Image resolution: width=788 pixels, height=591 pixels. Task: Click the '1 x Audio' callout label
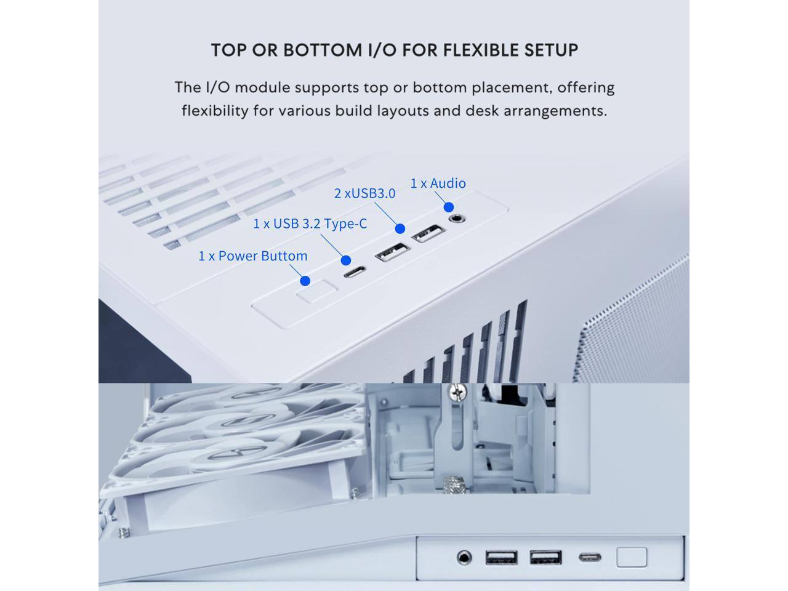pyautogui.click(x=438, y=183)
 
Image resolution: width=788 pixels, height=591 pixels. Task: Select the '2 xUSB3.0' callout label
pyautogui.click(x=364, y=193)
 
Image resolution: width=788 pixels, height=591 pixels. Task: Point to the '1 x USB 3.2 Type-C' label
pyautogui.click(x=310, y=223)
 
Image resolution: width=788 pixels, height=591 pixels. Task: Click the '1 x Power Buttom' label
pyautogui.click(x=252, y=256)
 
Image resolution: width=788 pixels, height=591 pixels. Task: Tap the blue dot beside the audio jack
pyautogui.click(x=449, y=207)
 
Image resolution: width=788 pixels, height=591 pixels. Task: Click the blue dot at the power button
pyautogui.click(x=305, y=281)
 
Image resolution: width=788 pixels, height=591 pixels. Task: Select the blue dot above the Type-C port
pyautogui.click(x=346, y=260)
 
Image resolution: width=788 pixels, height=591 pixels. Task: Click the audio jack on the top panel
pyautogui.click(x=456, y=218)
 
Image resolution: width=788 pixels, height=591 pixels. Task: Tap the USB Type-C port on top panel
pyautogui.click(x=354, y=271)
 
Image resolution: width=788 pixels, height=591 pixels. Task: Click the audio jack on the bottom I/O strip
pyautogui.click(x=465, y=558)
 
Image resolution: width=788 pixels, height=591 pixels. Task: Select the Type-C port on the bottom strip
pyautogui.click(x=590, y=558)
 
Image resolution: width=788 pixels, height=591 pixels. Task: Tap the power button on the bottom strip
pyautogui.click(x=632, y=557)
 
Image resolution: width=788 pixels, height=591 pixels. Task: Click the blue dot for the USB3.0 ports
pyautogui.click(x=400, y=228)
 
